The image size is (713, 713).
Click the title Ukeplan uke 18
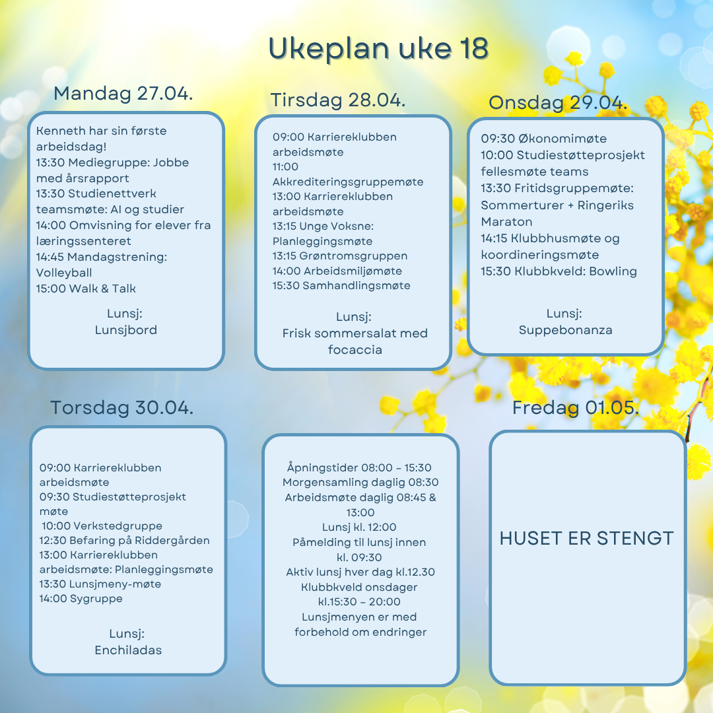coord(379,49)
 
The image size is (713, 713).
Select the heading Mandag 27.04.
coord(123,93)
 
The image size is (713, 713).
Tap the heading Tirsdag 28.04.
coord(338,100)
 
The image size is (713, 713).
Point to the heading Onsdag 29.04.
coord(558,103)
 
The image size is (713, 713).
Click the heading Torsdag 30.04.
coord(122,408)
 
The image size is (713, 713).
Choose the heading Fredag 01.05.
coord(576,408)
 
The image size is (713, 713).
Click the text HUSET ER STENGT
coord(587,538)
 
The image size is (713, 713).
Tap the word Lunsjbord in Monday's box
coord(125,330)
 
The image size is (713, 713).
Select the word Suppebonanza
coord(565,330)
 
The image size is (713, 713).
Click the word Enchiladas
coord(128,650)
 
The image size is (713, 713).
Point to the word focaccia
coord(355,350)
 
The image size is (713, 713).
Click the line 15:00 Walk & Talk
coord(86,289)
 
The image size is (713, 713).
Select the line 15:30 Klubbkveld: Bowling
coord(559,271)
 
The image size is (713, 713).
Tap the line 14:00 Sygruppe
coord(81,599)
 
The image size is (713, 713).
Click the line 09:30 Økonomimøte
coord(543,139)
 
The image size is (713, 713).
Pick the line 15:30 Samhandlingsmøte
coord(341,286)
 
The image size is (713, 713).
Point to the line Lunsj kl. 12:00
coord(359,527)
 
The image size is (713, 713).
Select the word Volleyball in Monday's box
coord(64,273)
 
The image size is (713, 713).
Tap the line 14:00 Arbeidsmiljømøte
coord(337,271)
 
